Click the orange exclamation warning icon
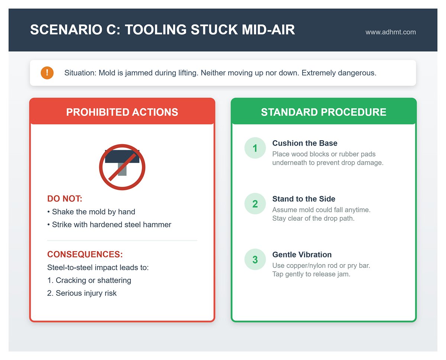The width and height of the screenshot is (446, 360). tap(47, 73)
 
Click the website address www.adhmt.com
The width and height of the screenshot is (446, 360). tap(390, 32)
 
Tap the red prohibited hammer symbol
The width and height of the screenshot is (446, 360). tap(122, 167)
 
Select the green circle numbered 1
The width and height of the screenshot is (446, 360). tap(255, 148)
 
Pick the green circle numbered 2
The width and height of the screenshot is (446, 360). tap(255, 204)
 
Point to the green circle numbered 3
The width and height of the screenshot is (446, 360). tap(255, 259)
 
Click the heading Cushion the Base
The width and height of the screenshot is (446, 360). tap(305, 143)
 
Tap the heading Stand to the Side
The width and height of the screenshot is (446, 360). tap(304, 199)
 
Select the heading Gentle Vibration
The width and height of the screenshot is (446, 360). tap(302, 255)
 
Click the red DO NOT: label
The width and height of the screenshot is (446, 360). tap(65, 199)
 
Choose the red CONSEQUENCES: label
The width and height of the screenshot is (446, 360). tap(85, 255)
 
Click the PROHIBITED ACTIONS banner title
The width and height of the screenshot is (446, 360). tap(122, 112)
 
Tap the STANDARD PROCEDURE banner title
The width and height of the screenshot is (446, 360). tap(323, 112)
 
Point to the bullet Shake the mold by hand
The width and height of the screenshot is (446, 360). tap(93, 212)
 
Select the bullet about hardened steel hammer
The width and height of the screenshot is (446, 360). tap(111, 225)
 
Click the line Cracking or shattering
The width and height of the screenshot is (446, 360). tap(93, 280)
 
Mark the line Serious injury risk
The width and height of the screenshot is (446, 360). tap(86, 293)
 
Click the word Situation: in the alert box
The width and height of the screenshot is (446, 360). tap(80, 73)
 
